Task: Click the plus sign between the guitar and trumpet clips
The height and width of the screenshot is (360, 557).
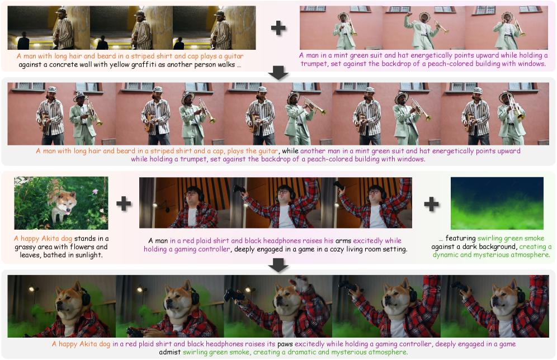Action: coord(278,28)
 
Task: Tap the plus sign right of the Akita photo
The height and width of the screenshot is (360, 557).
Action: coord(124,203)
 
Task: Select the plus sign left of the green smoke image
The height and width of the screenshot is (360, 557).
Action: coord(431,204)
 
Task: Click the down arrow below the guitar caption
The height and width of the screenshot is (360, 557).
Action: coord(278,73)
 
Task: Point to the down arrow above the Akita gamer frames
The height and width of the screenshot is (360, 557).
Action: coord(278,265)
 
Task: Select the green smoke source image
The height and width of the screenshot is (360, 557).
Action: coord(497,203)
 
